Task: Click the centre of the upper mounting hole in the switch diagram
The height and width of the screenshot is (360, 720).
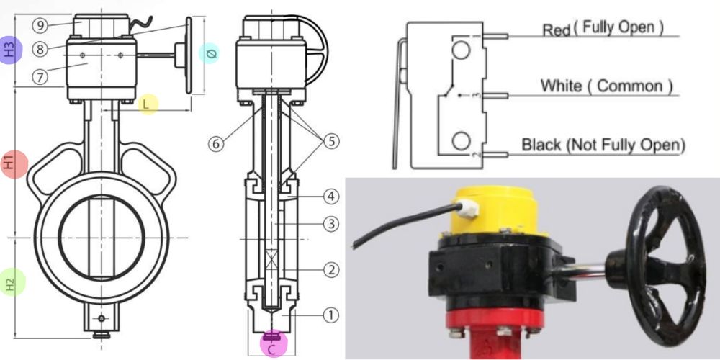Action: [461, 50]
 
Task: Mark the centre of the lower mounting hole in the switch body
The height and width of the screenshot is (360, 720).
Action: [461, 141]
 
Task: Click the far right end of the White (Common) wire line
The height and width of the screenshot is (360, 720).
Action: [679, 96]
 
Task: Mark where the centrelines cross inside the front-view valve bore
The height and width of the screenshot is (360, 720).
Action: [102, 238]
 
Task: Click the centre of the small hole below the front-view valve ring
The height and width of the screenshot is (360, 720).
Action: [102, 318]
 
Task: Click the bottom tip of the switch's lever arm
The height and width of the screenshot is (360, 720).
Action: [394, 168]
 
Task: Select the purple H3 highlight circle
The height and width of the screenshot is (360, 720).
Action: [11, 50]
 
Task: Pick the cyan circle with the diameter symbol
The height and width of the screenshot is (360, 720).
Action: [209, 53]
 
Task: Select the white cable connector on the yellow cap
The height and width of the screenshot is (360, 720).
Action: [469, 209]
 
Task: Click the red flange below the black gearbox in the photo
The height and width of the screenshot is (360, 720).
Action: [495, 318]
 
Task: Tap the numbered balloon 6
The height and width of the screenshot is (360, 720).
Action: [216, 144]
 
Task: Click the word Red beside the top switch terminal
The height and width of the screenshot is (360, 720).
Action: [556, 30]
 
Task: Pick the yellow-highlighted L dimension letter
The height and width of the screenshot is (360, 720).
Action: [146, 104]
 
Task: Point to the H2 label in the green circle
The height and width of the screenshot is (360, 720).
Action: [11, 282]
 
